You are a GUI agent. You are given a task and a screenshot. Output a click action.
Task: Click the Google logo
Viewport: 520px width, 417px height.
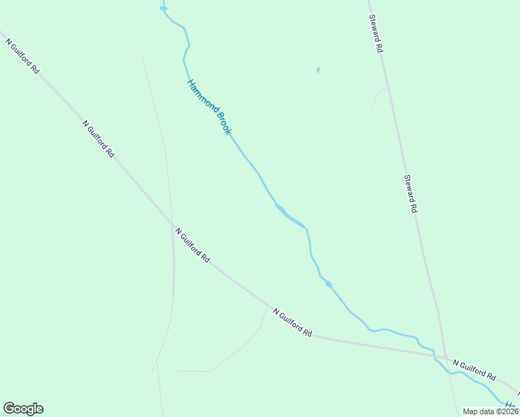coord(23,409)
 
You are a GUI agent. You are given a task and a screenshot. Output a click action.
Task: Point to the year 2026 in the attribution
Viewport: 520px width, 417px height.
coord(507,411)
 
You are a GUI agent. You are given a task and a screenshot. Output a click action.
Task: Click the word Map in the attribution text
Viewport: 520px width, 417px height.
coord(471,411)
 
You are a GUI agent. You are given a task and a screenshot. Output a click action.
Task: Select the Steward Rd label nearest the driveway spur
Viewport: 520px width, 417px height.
coord(376,34)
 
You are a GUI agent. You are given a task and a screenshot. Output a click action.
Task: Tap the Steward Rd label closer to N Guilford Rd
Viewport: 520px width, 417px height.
coord(411,193)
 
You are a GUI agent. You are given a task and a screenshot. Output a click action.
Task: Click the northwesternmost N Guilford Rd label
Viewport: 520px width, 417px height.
coord(22,56)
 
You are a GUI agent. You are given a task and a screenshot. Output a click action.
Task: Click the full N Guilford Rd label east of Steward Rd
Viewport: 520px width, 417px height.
coord(474,370)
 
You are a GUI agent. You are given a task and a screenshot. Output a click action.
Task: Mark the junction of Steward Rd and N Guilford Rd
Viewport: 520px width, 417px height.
coord(444,357)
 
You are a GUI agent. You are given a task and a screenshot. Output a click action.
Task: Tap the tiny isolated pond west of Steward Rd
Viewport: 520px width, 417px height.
coord(318,70)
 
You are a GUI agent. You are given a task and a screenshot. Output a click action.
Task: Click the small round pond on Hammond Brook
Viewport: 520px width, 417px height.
coord(328,284)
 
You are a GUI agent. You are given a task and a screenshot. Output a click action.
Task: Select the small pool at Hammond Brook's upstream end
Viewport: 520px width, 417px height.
coord(163,9)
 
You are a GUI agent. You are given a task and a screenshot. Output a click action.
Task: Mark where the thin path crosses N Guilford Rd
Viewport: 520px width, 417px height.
coord(172,224)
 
